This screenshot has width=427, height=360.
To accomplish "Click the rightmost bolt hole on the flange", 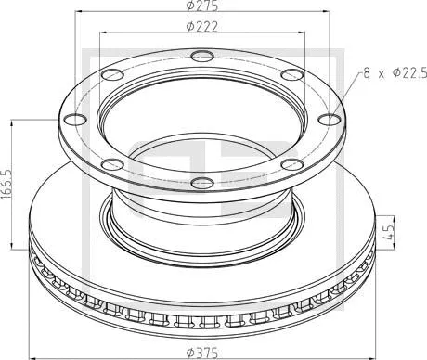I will (x=330, y=118).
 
